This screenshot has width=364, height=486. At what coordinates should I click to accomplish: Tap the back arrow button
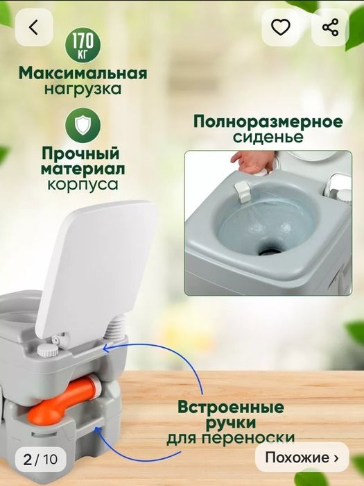point(33,28)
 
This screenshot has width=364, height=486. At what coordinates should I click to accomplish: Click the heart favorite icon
point(280,28)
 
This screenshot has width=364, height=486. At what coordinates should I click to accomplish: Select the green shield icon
point(83,126)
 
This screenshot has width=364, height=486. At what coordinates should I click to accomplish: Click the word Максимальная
point(83,73)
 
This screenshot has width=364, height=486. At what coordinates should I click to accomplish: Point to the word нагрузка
point(83,89)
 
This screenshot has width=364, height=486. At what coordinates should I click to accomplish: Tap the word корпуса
point(83,185)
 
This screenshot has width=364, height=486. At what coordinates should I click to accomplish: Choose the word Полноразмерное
point(268,122)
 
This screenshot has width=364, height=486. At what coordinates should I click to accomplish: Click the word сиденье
point(268,137)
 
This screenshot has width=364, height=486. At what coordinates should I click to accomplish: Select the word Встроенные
point(231,405)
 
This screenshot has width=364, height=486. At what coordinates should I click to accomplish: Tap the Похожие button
point(302,458)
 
